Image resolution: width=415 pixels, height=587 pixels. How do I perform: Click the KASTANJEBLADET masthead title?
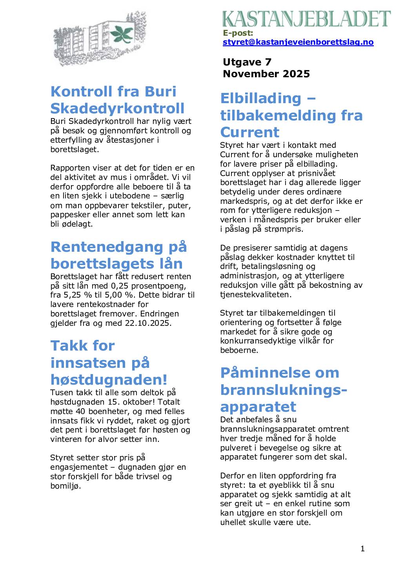coord(306,19)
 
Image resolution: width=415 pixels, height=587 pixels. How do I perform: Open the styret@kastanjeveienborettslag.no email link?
coord(298,42)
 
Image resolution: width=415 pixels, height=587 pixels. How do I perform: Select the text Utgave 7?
coord(247,62)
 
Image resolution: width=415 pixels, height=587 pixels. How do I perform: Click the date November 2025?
coord(266,74)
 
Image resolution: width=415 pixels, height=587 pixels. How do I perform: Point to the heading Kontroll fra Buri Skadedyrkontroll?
coord(117,100)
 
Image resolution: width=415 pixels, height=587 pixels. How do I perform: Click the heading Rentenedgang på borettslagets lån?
coord(118,255)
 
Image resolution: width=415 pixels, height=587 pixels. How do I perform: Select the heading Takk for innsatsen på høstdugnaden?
coord(109,362)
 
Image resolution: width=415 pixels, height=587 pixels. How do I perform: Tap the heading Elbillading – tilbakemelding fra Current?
coord(291,115)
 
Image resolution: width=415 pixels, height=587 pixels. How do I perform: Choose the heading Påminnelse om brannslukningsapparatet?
coord(284,389)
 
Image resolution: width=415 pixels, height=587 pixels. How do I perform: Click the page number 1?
coord(362,549)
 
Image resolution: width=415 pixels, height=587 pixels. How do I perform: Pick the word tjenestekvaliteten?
coord(255,294)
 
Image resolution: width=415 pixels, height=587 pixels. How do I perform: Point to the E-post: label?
coord(238,33)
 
